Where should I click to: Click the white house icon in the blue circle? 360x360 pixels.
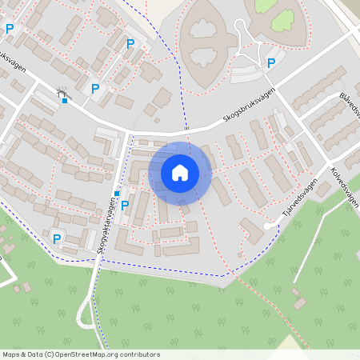click(x=180, y=173)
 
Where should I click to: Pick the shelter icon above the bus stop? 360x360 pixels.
click(x=62, y=93)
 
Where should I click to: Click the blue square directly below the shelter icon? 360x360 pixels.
click(x=64, y=101)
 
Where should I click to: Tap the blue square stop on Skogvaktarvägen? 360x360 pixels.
click(x=117, y=194)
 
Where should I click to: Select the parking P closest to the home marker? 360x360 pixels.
click(x=124, y=206)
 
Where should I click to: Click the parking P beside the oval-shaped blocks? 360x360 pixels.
click(x=271, y=63)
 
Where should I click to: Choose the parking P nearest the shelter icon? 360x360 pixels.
click(x=95, y=89)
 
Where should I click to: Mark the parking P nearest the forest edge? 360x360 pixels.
click(x=57, y=238)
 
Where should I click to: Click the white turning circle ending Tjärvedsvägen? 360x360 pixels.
click(x=267, y=226)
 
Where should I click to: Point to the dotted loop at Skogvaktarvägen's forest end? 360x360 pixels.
click(x=83, y=318)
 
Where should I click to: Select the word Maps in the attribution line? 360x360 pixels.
click(x=12, y=354)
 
